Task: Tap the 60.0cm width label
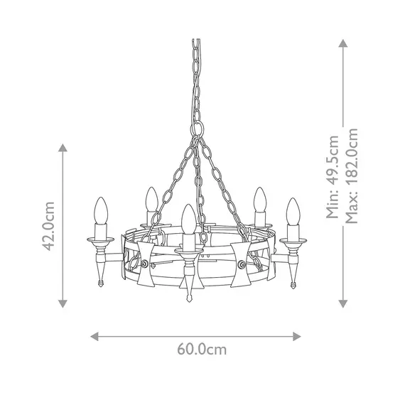202,350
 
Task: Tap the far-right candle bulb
292,212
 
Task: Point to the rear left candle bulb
150,200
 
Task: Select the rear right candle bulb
260,200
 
